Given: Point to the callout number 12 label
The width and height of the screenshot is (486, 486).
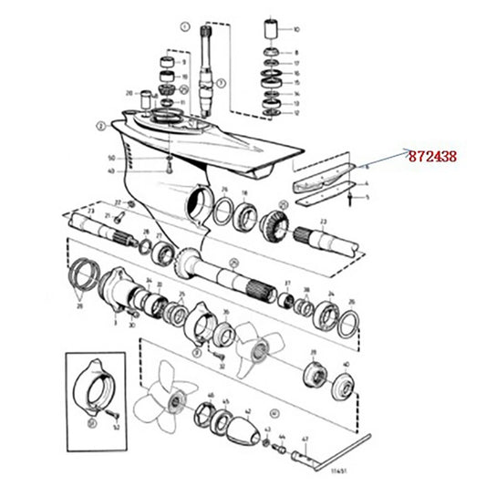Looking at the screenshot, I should pos(295,111).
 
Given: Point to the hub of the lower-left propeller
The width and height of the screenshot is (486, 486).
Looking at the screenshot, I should pos(172,394).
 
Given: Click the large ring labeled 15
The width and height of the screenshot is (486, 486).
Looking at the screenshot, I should pos(270,83).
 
